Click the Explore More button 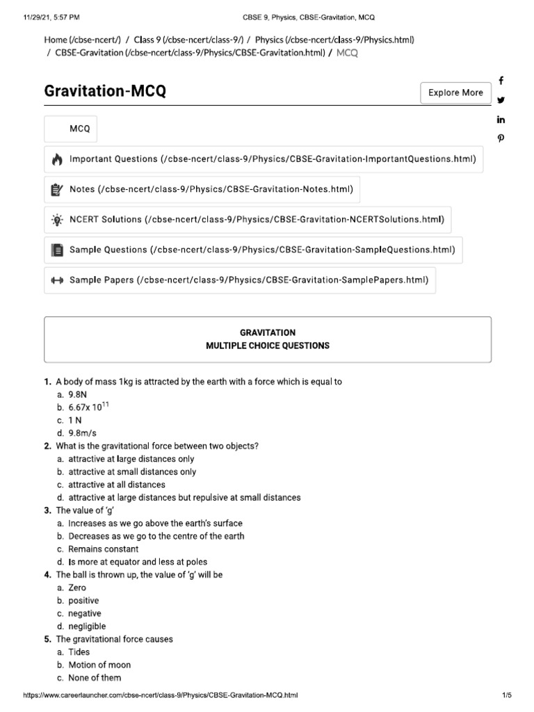click(x=455, y=92)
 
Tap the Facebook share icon click(x=501, y=81)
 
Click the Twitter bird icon click(x=501, y=100)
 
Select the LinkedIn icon click(x=501, y=120)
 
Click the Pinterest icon click(x=501, y=138)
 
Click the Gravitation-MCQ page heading click(x=105, y=92)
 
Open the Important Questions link click(x=273, y=159)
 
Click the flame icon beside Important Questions click(x=57, y=160)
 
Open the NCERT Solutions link click(x=256, y=220)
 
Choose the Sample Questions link click(x=262, y=250)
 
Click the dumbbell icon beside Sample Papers click(x=57, y=280)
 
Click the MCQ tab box click(x=79, y=129)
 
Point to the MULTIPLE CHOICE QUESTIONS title click(x=268, y=346)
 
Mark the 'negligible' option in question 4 click(x=87, y=626)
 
